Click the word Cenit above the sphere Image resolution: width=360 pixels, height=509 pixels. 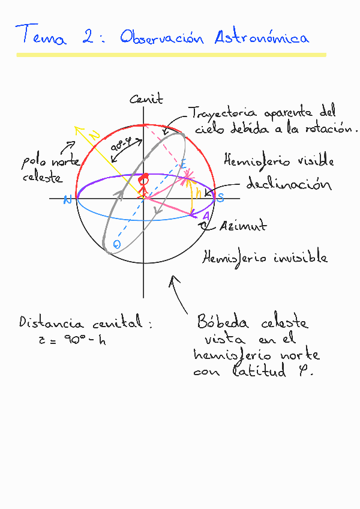coord(146,100)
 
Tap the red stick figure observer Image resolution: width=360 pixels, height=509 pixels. coord(143,184)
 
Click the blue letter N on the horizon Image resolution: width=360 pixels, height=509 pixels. coord(67,200)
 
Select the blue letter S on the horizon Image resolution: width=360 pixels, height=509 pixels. coord(220,199)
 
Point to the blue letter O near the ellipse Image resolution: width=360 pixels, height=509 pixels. coord(117,244)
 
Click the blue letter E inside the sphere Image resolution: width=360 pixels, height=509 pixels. coord(184,164)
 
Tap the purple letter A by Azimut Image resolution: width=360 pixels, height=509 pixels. coord(206,216)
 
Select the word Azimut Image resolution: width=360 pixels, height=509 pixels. coord(242,226)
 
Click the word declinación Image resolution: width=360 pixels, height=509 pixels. coord(289,184)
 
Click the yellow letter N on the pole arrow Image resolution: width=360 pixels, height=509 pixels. coord(95,137)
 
